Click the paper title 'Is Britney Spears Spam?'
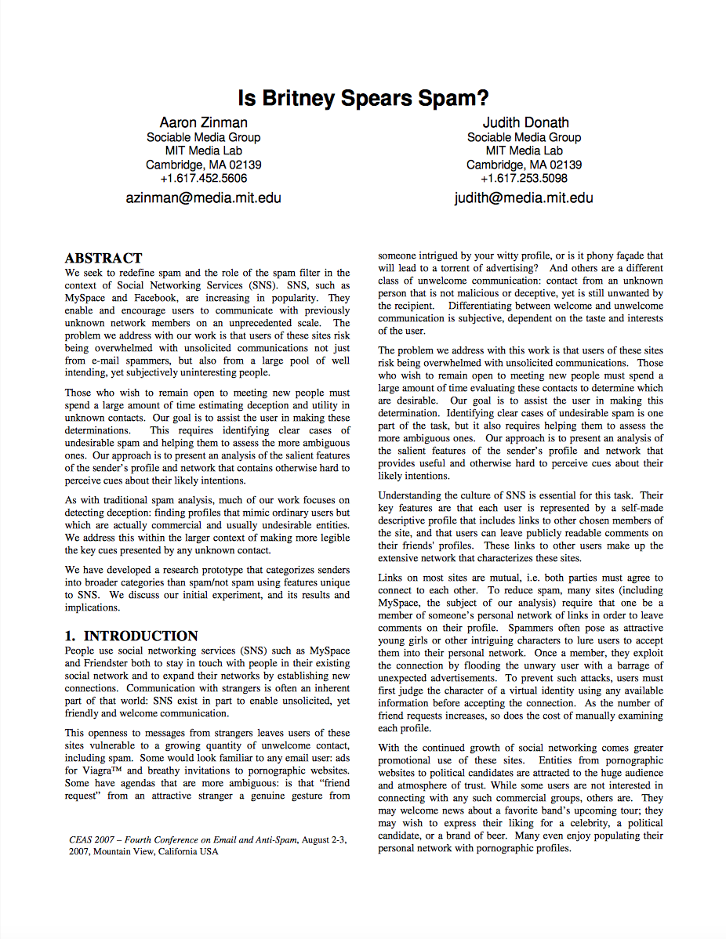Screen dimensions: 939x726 pyautogui.click(x=363, y=98)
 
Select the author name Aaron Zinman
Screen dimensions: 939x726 pyautogui.click(x=203, y=122)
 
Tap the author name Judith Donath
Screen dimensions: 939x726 pyautogui.click(x=525, y=122)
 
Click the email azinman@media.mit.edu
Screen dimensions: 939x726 pyautogui.click(x=203, y=198)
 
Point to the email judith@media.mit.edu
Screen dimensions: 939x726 pyautogui.click(x=524, y=198)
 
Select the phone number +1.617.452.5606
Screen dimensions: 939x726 pyautogui.click(x=203, y=178)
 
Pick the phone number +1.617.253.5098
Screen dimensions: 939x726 pyautogui.click(x=524, y=178)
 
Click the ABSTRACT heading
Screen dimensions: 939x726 pyautogui.click(x=103, y=258)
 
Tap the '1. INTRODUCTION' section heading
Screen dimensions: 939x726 pyautogui.click(x=131, y=636)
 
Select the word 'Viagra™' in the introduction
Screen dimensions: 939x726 pyautogui.click(x=104, y=770)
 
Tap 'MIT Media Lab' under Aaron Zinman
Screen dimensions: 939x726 pyautogui.click(x=203, y=150)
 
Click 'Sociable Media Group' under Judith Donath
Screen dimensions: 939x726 pyautogui.click(x=524, y=137)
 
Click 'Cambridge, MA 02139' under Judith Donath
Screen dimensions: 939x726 pyautogui.click(x=524, y=165)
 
